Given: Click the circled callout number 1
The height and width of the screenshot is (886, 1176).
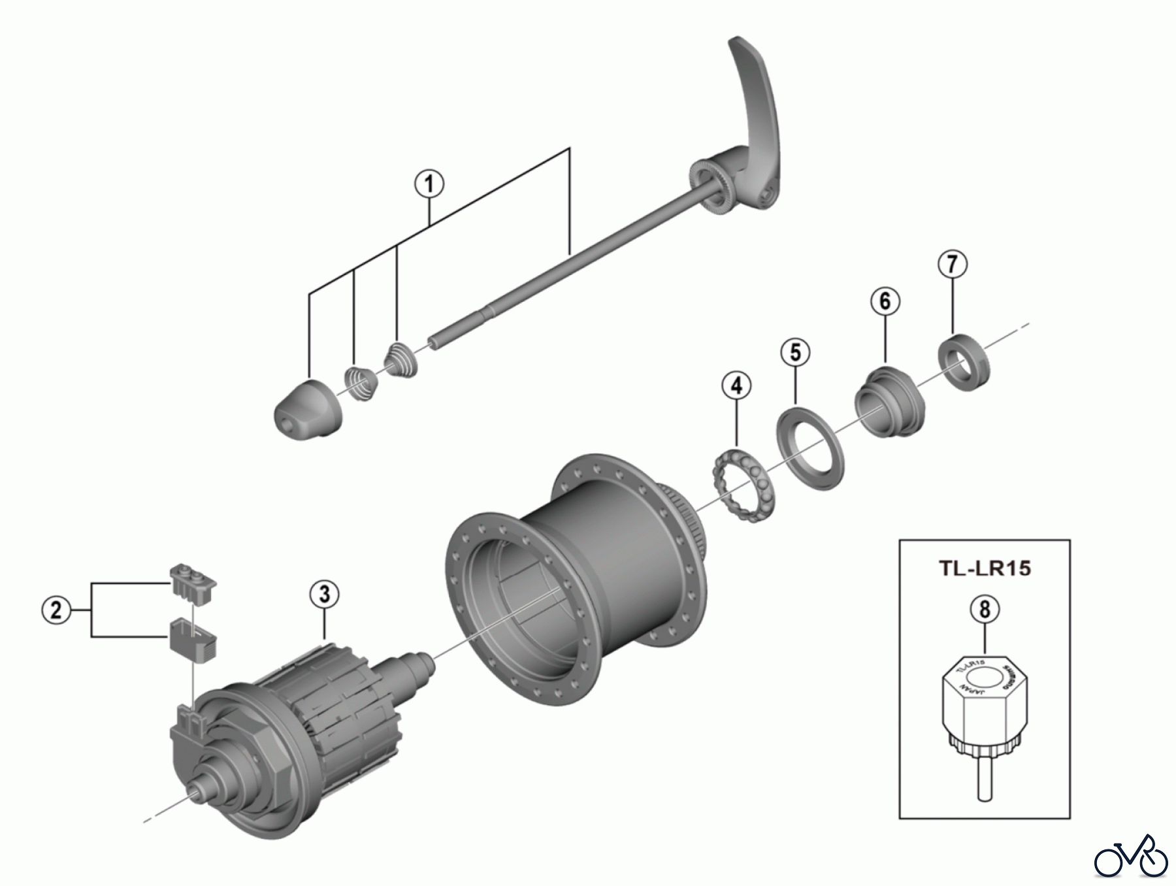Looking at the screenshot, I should pos(429,184).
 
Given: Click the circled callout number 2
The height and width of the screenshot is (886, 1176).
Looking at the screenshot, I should pos(56,610).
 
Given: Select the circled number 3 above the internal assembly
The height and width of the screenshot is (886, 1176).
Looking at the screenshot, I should pos(325,595).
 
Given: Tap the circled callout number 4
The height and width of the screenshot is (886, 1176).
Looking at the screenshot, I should pos(736,386).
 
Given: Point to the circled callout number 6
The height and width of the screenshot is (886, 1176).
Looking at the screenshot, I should pos(885,301).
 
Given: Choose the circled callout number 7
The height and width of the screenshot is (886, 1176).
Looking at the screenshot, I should pos(952,264).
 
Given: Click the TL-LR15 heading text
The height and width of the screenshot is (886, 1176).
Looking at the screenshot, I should pos(985,568).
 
